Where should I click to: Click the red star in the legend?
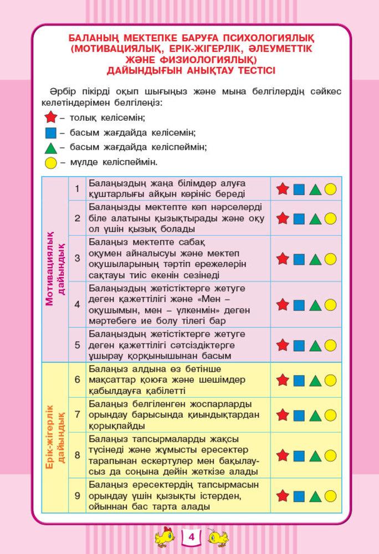(51, 117)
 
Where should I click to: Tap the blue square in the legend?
(51, 133)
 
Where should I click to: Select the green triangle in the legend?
(51, 147)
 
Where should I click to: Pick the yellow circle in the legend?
(51, 162)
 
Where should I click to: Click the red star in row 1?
(283, 189)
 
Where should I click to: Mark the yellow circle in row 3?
(330, 259)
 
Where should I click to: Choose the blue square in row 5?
(299, 346)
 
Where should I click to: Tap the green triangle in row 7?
(315, 415)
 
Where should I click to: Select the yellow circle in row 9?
(330, 496)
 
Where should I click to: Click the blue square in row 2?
(299, 218)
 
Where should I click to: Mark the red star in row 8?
(283, 455)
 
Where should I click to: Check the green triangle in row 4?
(315, 305)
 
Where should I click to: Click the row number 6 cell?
(78, 380)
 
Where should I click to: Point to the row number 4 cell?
(78, 304)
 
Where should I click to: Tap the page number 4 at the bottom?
(190, 537)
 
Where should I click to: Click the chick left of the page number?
(165, 537)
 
